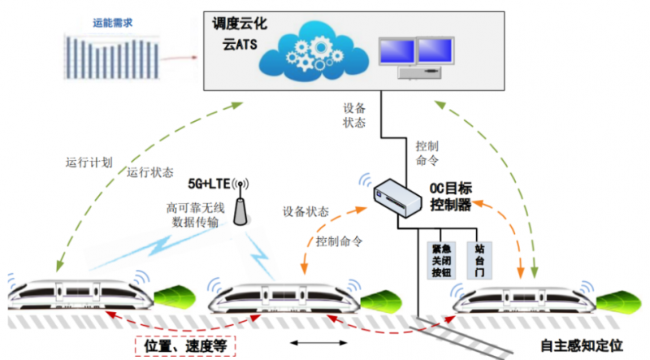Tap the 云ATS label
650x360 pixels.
click(x=241, y=44)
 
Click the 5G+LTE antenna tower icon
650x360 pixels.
click(x=240, y=204)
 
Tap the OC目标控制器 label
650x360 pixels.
click(x=450, y=197)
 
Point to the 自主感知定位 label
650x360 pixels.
click(x=583, y=344)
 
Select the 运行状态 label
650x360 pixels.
click(x=150, y=172)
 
